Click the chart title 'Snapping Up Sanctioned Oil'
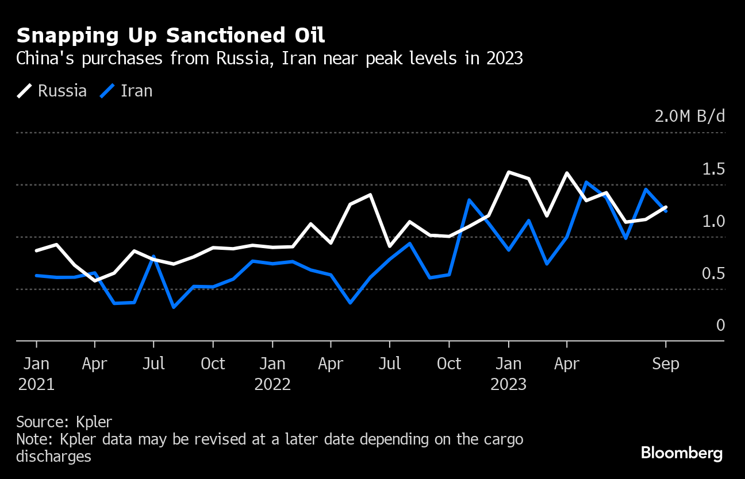click(171, 36)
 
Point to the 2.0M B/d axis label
click(689, 117)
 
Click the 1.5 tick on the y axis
click(713, 169)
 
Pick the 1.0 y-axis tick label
click(713, 221)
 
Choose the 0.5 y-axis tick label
click(713, 273)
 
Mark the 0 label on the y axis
click(720, 326)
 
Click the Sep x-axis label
click(666, 364)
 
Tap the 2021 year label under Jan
click(36, 384)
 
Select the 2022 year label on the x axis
click(272, 384)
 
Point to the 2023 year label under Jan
click(508, 384)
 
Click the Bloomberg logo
click(682, 453)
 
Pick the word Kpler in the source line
click(94, 422)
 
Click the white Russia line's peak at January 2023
click(509, 172)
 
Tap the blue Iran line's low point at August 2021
click(173, 307)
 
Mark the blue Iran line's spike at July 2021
click(153, 257)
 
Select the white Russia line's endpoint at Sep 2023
click(666, 207)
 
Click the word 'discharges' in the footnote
click(53, 457)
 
